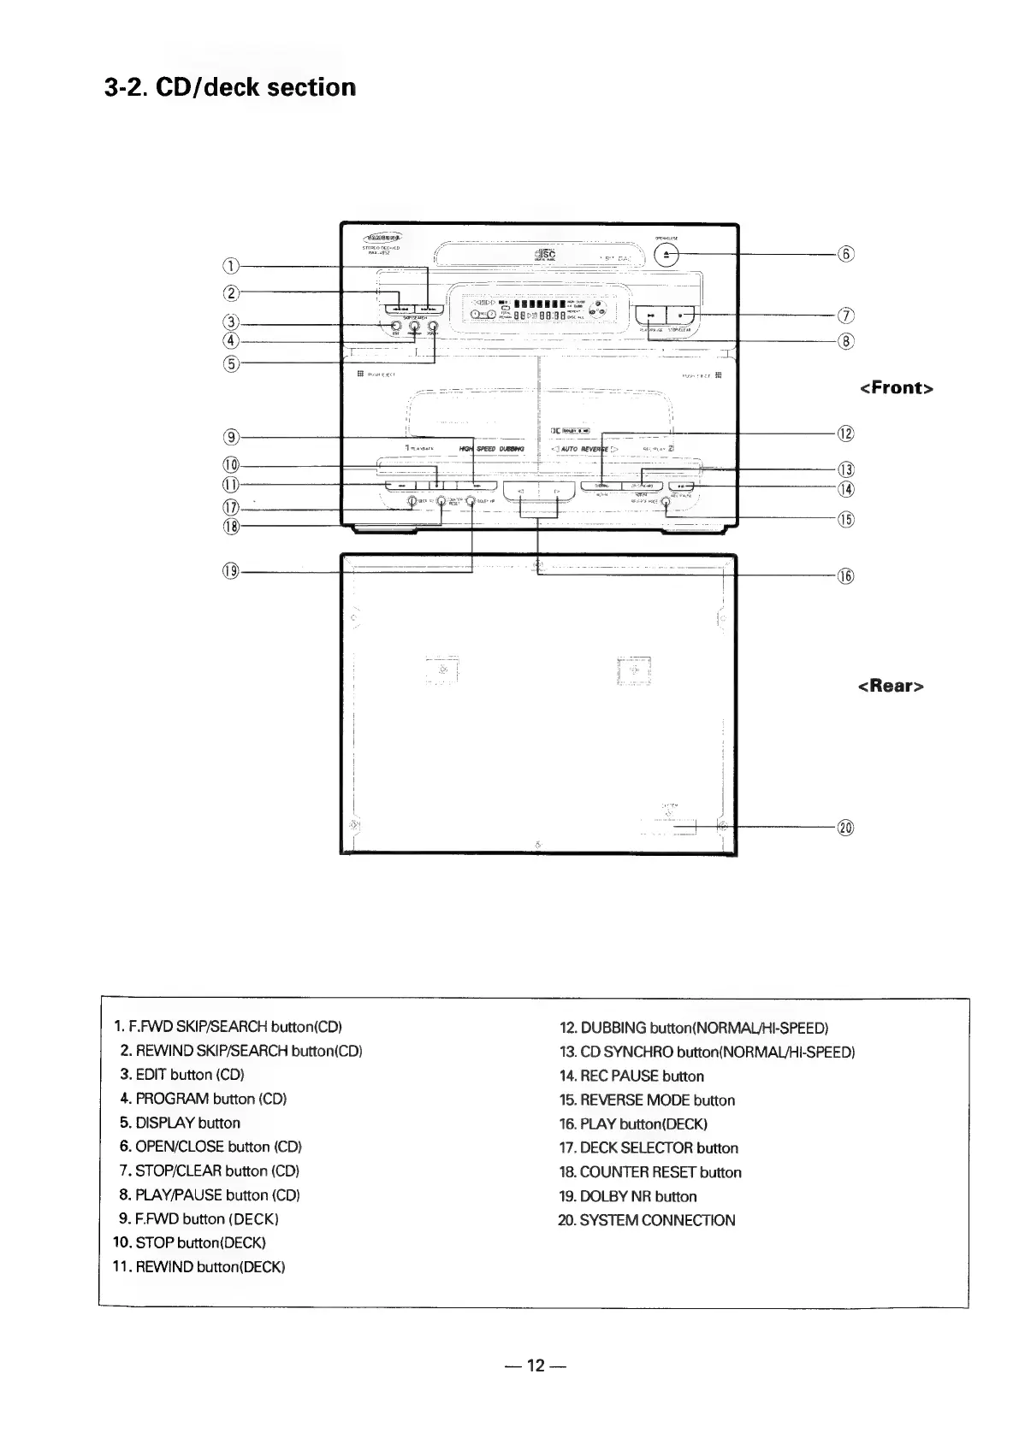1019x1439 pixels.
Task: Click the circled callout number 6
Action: pyautogui.click(x=845, y=254)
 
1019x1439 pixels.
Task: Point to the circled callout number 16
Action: pyautogui.click(x=845, y=575)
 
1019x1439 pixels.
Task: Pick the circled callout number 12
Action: pyautogui.click(x=845, y=433)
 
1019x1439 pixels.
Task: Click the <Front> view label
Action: pyautogui.click(x=896, y=388)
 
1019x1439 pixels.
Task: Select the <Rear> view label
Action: pyautogui.click(x=890, y=686)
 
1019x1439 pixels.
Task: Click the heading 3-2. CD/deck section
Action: pyautogui.click(x=229, y=87)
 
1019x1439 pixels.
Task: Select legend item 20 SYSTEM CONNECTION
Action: pyautogui.click(x=646, y=1220)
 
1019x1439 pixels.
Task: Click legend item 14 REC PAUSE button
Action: pyautogui.click(x=631, y=1076)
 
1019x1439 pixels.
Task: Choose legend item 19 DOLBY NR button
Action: pyautogui.click(x=627, y=1196)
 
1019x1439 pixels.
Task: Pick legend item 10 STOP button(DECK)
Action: pyautogui.click(x=189, y=1241)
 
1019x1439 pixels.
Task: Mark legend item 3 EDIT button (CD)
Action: pyautogui.click(x=182, y=1074)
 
